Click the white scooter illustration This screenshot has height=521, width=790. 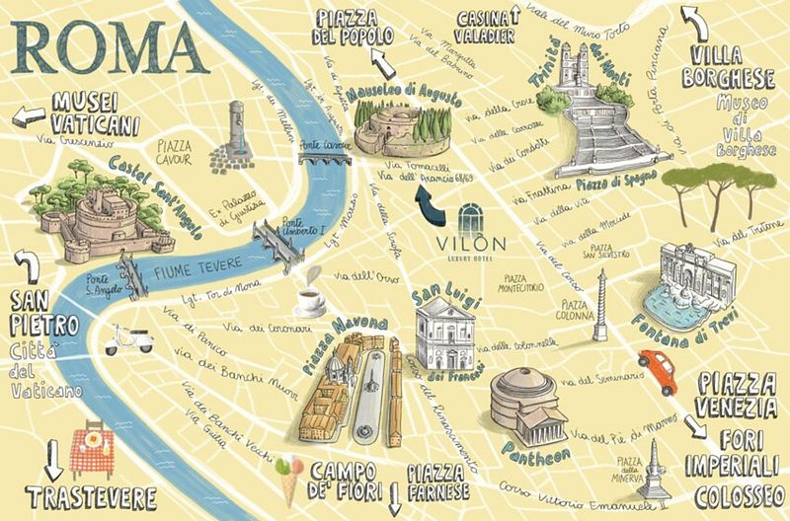click(128, 338)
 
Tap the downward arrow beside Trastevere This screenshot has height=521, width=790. click(55, 459)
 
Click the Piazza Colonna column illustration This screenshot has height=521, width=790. click(599, 301)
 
